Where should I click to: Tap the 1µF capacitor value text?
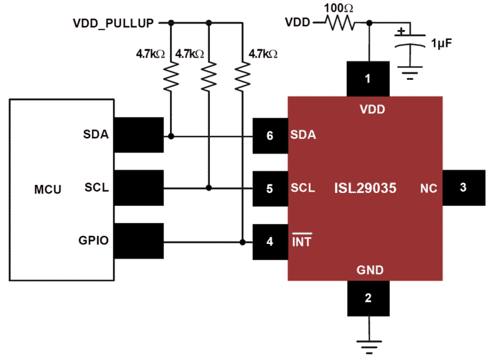(442, 43)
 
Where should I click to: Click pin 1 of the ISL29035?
(368, 79)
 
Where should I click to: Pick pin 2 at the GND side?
(368, 299)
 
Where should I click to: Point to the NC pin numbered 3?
(463, 188)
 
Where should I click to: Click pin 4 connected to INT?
(270, 242)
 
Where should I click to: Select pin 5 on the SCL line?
(270, 189)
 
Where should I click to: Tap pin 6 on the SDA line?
(270, 136)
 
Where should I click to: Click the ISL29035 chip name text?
(365, 188)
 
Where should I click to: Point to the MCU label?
(47, 190)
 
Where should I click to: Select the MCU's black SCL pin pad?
(138, 188)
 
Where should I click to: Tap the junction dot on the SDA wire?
(171, 136)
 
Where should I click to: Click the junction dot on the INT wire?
(243, 241)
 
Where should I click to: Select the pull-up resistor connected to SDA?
(171, 76)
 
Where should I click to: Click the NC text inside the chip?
(428, 189)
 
